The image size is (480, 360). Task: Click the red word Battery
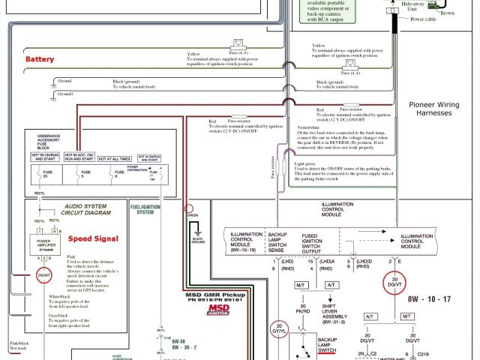[40, 59]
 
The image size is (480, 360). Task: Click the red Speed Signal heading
[94, 238]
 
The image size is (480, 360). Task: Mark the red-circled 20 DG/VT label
[394, 283]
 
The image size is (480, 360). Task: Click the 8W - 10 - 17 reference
[430, 299]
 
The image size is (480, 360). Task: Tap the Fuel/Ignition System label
[145, 208]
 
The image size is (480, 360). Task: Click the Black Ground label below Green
[198, 241]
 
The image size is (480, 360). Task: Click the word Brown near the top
[447, 13]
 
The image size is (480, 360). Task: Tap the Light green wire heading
[305, 163]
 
